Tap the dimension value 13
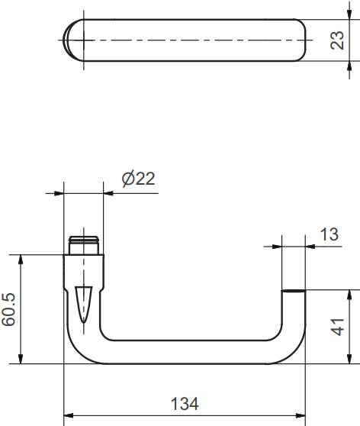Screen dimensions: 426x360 pyautogui.click(x=329, y=234)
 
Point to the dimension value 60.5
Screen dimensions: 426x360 pyautogui.click(x=9, y=309)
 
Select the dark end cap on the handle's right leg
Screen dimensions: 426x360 pyautogui.click(x=294, y=291)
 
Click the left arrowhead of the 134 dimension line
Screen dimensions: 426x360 pyautogui.click(x=67, y=417)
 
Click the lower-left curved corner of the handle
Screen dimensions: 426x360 pyautogui.click(x=76, y=347)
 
